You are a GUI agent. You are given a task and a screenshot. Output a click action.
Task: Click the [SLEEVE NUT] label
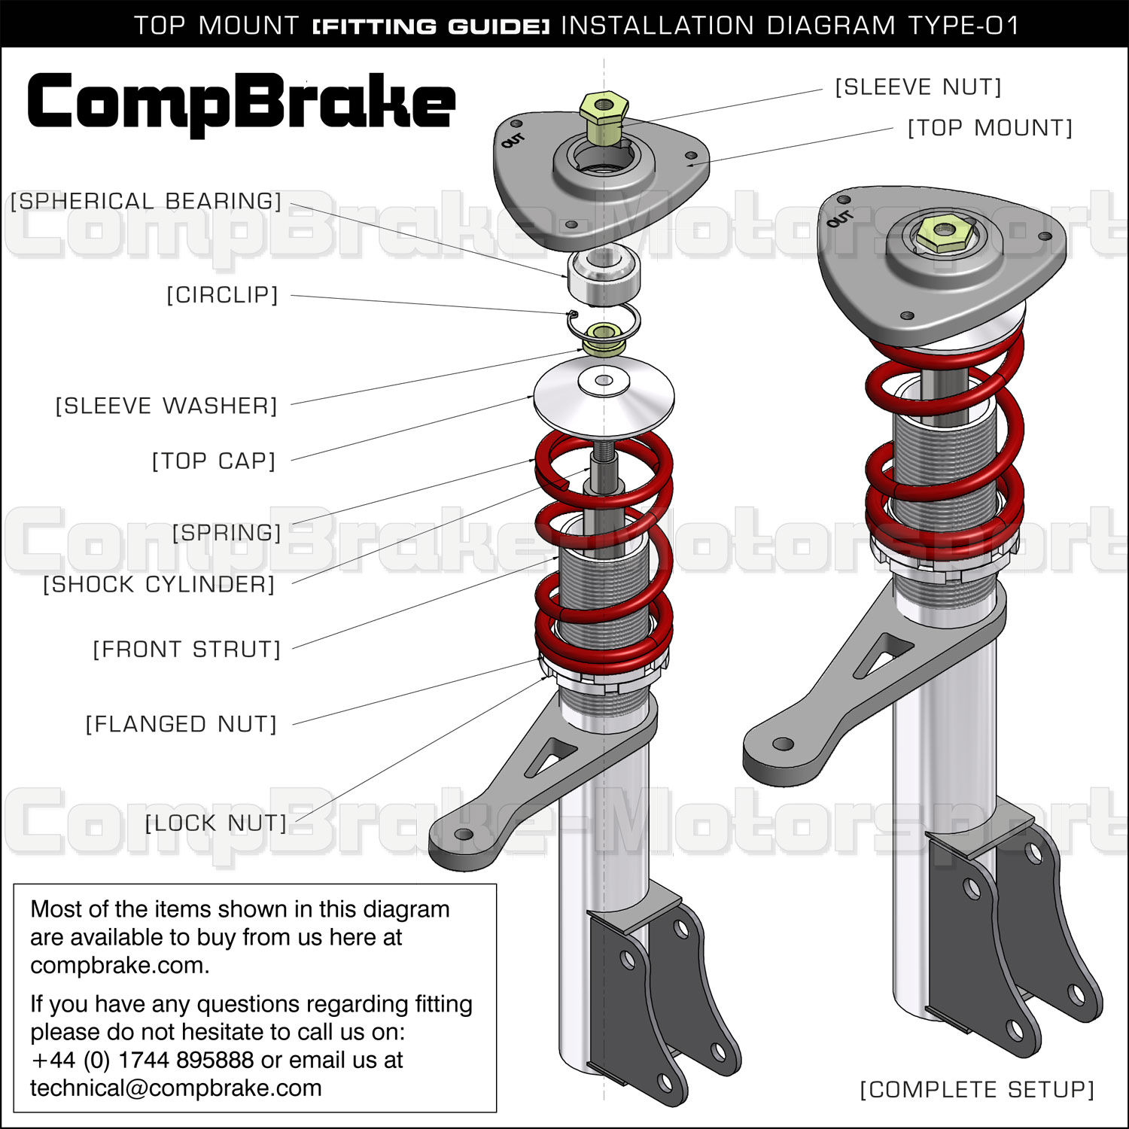point(918,87)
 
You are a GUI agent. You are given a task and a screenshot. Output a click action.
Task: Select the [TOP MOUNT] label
point(990,128)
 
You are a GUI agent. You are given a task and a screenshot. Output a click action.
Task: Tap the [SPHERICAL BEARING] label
point(146,201)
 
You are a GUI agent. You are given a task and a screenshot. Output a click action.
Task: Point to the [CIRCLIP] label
point(222,294)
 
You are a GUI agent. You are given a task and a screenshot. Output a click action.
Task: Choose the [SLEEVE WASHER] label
point(166,406)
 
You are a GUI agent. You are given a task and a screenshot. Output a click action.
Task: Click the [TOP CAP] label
point(214,461)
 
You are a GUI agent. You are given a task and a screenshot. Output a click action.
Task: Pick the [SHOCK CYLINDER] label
point(159,584)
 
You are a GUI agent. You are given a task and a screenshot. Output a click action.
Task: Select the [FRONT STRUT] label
point(186,649)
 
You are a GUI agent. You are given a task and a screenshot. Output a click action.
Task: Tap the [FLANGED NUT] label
point(181,724)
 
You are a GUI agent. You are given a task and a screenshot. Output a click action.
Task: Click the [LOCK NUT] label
point(216,823)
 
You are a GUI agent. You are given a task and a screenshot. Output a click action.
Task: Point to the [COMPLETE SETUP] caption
point(977,1089)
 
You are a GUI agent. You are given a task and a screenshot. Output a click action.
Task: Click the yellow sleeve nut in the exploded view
point(603,112)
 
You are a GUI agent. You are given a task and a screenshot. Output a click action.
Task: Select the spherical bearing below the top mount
point(603,275)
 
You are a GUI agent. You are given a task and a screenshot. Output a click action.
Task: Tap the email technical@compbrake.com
point(175,1088)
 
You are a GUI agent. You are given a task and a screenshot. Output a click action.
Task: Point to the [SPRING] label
point(227,533)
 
